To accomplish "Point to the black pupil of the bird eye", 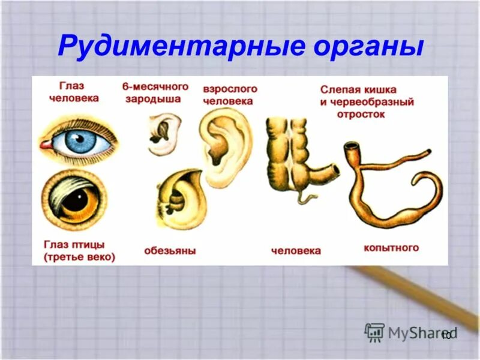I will coord(76,202).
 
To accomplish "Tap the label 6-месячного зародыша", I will coord(155,93).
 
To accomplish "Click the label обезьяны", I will coord(170,250).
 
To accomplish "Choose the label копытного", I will coord(391,247).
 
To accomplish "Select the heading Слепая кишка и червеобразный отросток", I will coord(367,101).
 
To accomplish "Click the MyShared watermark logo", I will coord(411,332).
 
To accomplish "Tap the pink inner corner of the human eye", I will coord(45,145).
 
